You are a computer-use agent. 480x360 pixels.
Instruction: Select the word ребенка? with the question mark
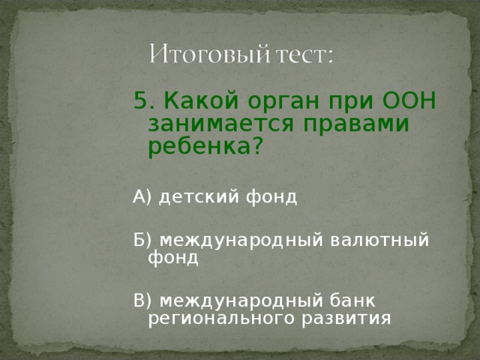point(205,147)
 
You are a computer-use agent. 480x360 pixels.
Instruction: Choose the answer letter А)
point(142,197)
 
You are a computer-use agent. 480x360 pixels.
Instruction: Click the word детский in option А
point(198,197)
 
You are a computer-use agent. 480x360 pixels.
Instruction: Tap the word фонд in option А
point(270,197)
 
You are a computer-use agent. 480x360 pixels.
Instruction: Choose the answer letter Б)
point(142,240)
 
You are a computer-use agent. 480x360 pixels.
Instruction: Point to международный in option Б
point(241,240)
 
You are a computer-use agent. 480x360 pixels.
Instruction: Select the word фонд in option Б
point(173,258)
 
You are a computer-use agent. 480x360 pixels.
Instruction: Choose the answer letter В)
point(142,300)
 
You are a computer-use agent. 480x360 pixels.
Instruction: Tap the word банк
point(352,300)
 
